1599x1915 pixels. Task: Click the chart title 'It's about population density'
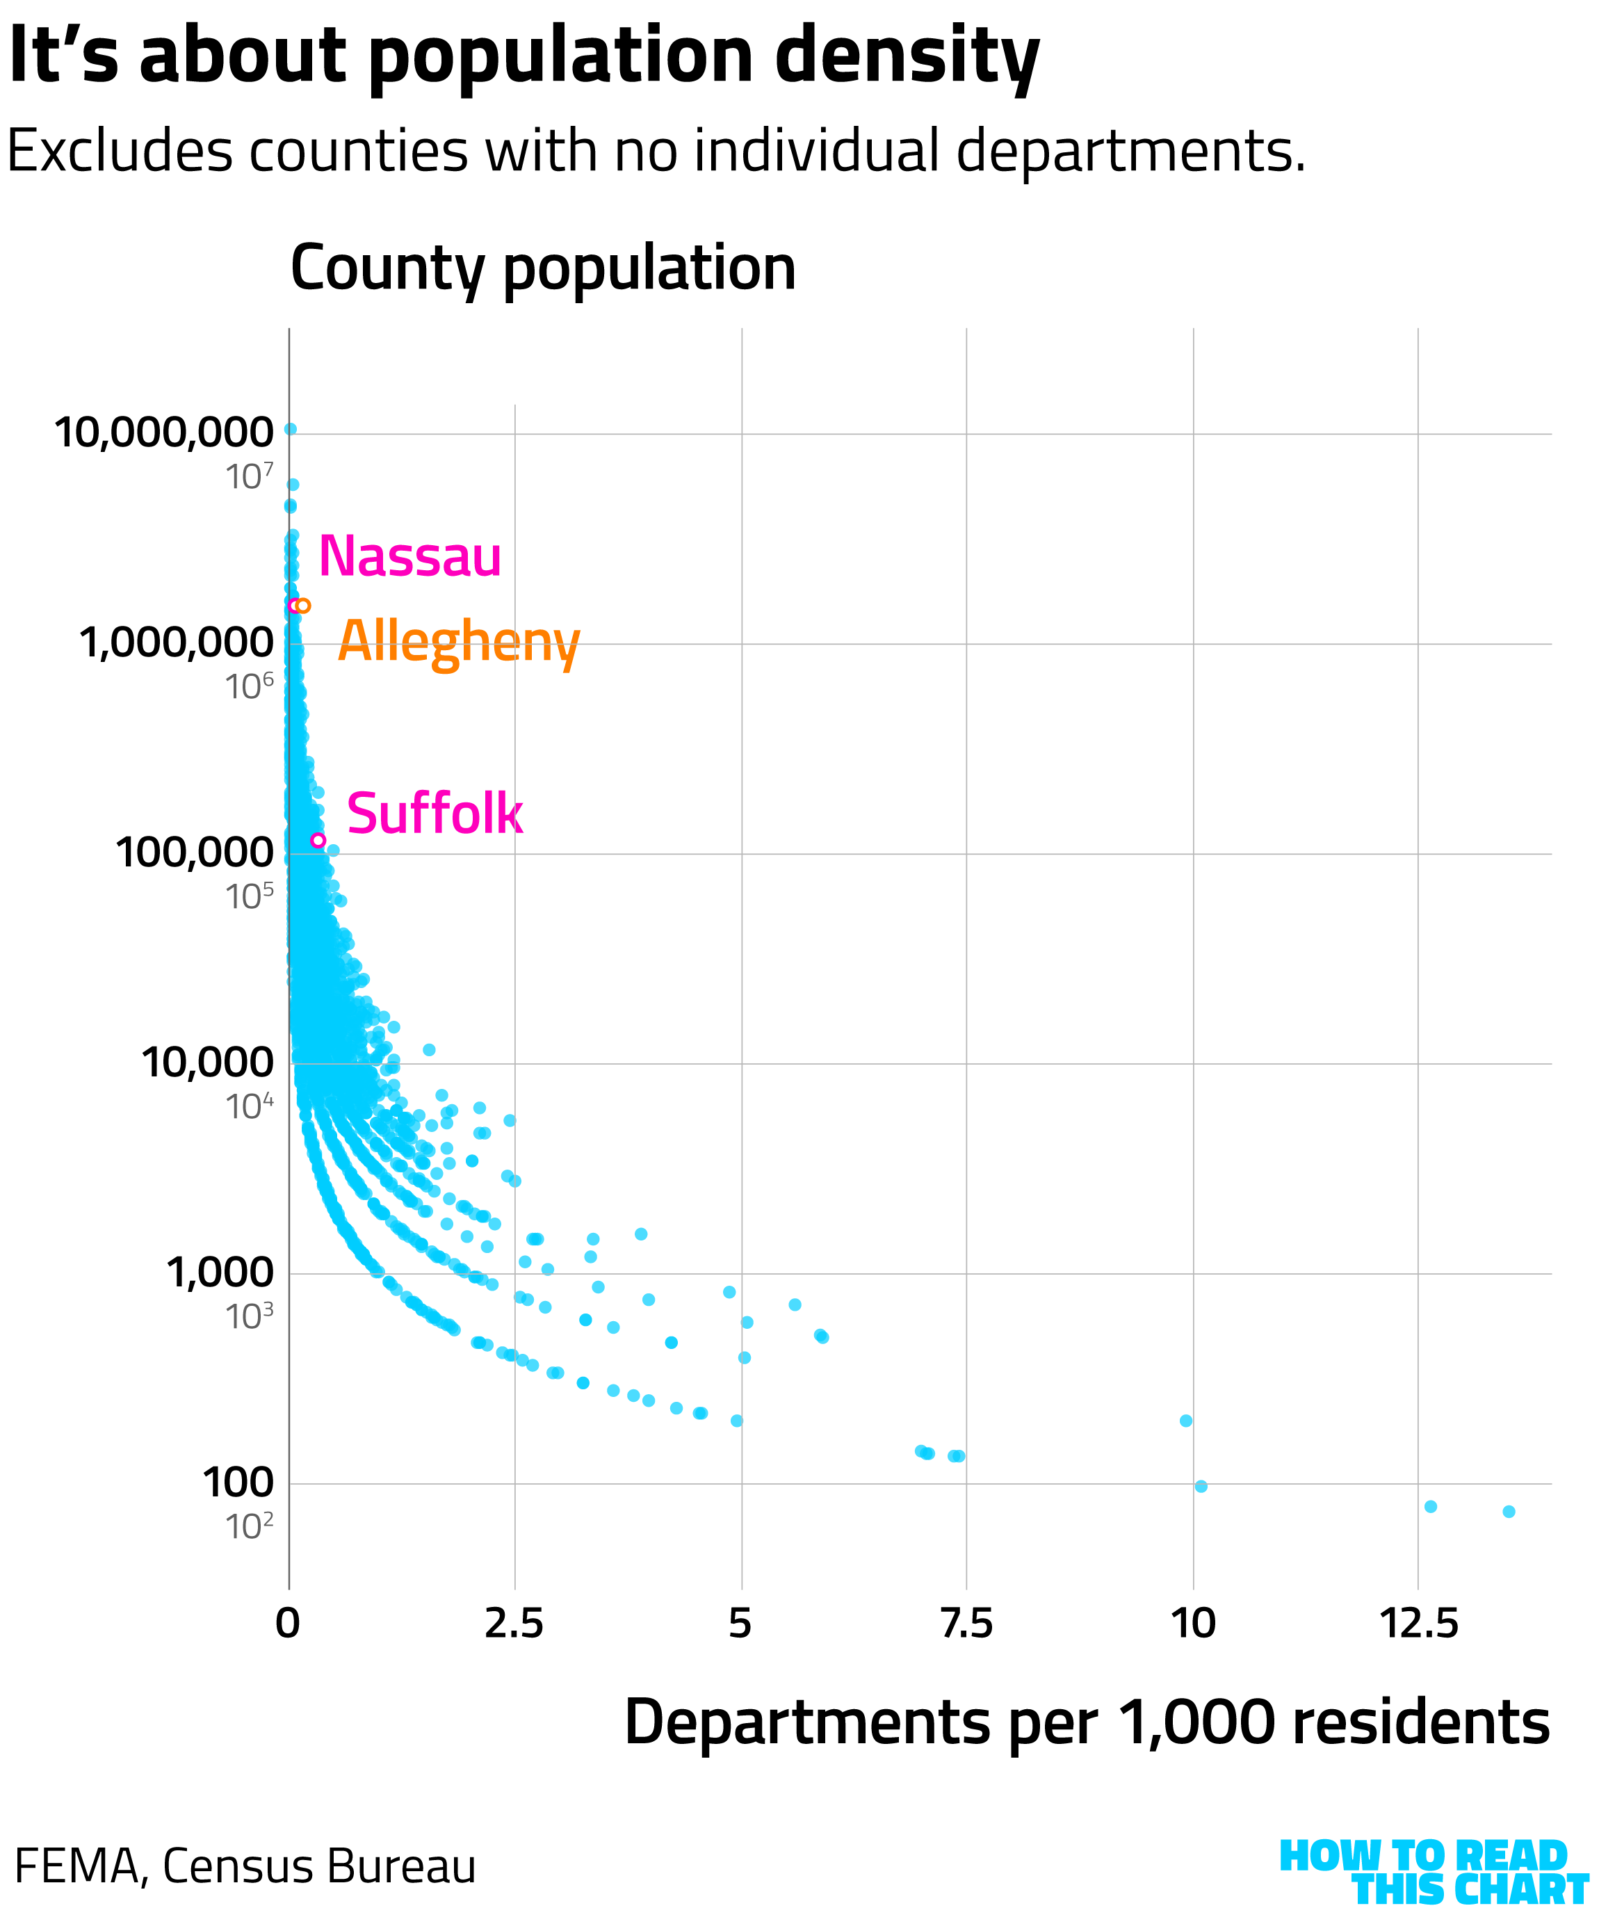pyautogui.click(x=523, y=56)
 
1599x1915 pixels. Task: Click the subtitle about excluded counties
pyautogui.click(x=656, y=150)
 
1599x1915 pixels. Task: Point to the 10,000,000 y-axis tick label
pyautogui.click(x=164, y=433)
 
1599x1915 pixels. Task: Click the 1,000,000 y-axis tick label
pyautogui.click(x=177, y=642)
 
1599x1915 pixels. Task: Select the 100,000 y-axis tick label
pyautogui.click(x=194, y=853)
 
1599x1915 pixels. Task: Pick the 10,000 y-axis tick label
pyautogui.click(x=207, y=1062)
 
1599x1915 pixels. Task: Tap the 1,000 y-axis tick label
pyautogui.click(x=220, y=1272)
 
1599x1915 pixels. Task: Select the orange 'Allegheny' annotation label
pyautogui.click(x=459, y=642)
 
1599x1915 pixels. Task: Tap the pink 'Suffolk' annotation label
pyautogui.click(x=435, y=814)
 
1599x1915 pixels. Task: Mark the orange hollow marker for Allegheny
pyautogui.click(x=304, y=606)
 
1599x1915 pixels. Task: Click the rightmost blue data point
pyautogui.click(x=1509, y=1512)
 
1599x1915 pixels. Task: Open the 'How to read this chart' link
pyautogui.click(x=1432, y=1871)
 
